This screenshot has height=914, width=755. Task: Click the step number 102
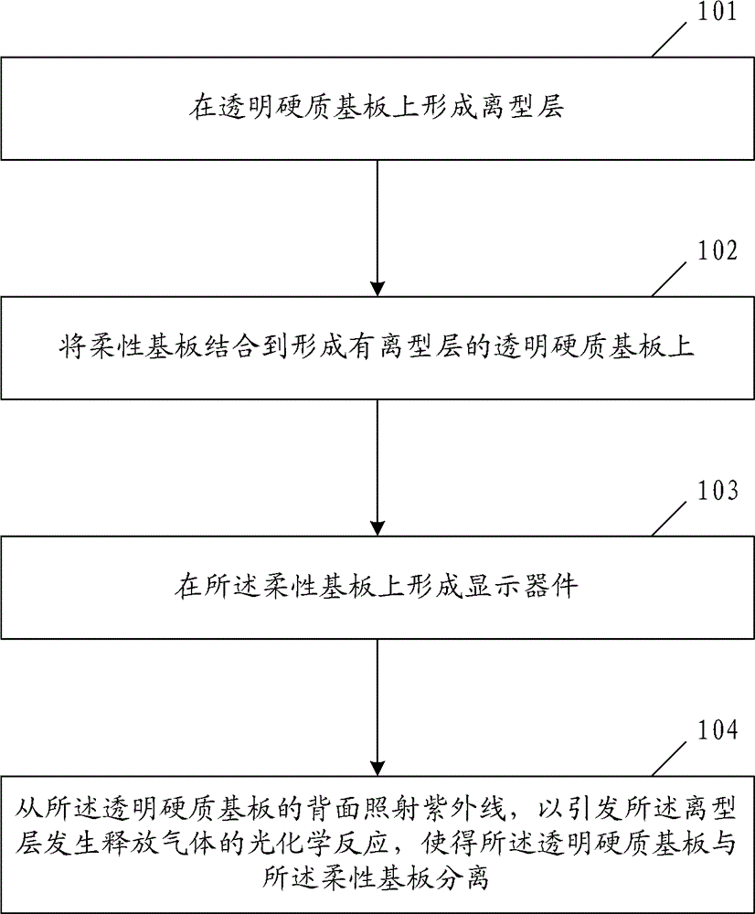716,251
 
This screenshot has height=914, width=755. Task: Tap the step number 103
716,492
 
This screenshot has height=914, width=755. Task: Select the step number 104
716,731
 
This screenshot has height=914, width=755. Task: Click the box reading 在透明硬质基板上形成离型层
377,108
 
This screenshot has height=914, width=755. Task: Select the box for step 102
377,347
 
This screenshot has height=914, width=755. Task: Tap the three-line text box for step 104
377,844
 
